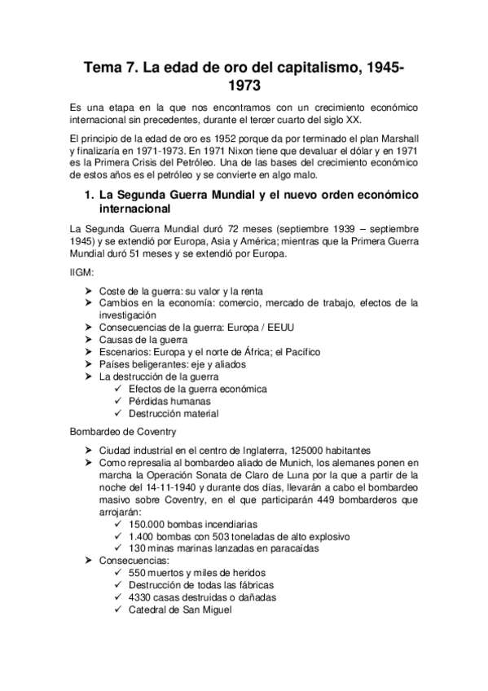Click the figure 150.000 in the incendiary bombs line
pyautogui.click(x=147, y=524)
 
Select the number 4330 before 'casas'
pyautogui.click(x=143, y=597)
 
